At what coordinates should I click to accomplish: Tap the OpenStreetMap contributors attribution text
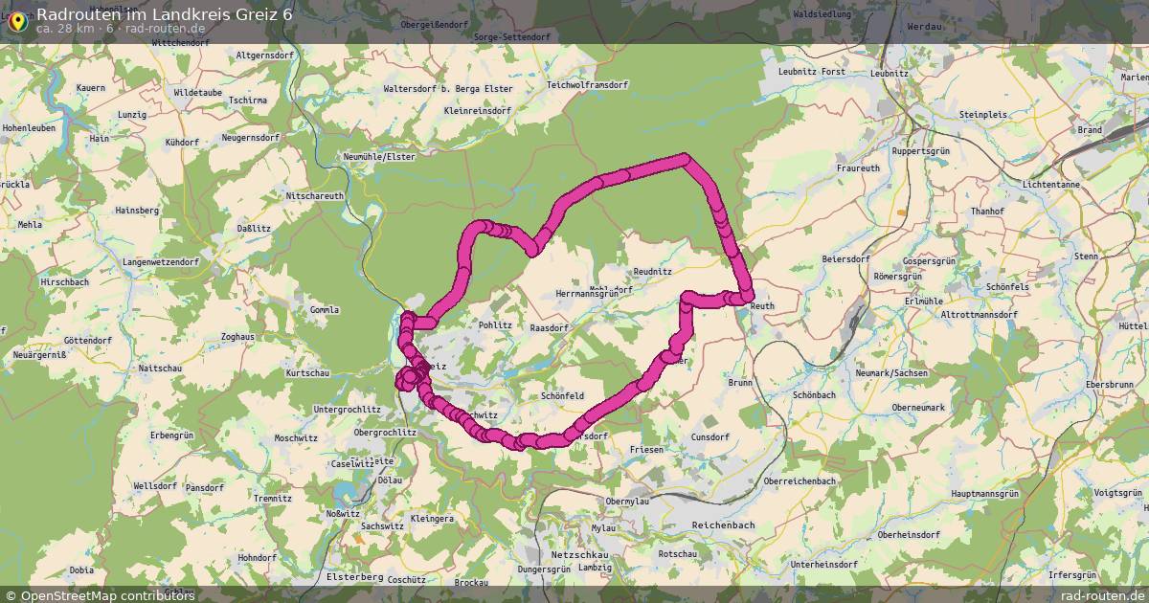click(107, 595)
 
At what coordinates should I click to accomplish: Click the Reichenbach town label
click(723, 525)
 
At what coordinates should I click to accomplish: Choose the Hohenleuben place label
click(33, 126)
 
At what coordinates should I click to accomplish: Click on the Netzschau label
click(580, 555)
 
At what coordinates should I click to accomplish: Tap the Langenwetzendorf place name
click(161, 261)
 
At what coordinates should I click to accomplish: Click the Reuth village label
click(762, 306)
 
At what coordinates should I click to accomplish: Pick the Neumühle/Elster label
click(379, 156)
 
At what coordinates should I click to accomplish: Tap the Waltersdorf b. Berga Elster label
click(447, 89)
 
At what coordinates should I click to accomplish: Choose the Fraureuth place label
click(858, 167)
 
